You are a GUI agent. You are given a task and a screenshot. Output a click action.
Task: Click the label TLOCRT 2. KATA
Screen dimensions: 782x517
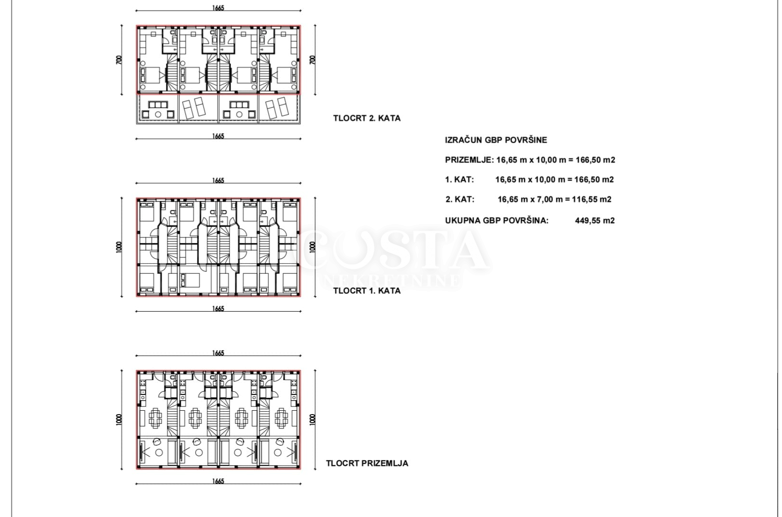click(366, 118)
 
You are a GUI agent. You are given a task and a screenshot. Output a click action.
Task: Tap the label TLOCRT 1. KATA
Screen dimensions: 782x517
click(366, 291)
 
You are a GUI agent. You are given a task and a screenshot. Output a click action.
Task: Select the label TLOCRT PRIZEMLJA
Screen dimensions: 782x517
click(367, 463)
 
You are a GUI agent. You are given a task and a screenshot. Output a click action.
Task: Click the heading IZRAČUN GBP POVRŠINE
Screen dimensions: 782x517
click(496, 140)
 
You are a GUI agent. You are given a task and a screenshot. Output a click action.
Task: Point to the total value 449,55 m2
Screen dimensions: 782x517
click(595, 220)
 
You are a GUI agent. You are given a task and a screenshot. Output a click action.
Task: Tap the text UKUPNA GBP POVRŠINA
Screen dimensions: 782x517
click(497, 220)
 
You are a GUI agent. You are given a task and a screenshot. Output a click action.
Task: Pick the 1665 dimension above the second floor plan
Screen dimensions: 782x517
click(218, 8)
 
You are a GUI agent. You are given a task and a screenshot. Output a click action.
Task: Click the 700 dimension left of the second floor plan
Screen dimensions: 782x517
click(119, 60)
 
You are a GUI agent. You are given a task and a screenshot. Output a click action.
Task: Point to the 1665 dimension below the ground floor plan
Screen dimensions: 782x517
click(218, 481)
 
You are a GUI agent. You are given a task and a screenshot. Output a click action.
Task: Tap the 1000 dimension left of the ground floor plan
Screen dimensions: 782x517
click(119, 419)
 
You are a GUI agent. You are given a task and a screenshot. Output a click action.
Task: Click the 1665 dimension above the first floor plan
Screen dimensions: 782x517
click(218, 180)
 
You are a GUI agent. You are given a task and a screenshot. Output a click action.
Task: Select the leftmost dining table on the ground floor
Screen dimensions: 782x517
click(155, 418)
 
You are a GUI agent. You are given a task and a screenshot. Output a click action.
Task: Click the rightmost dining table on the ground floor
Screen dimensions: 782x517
click(281, 418)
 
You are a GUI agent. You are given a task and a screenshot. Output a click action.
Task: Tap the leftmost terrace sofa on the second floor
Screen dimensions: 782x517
click(158, 104)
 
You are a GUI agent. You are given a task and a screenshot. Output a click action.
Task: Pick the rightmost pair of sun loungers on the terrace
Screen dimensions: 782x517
click(277, 108)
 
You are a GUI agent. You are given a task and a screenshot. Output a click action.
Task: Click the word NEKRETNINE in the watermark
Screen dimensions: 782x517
click(392, 281)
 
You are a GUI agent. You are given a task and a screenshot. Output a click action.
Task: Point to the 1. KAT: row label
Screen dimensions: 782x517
click(460, 180)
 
